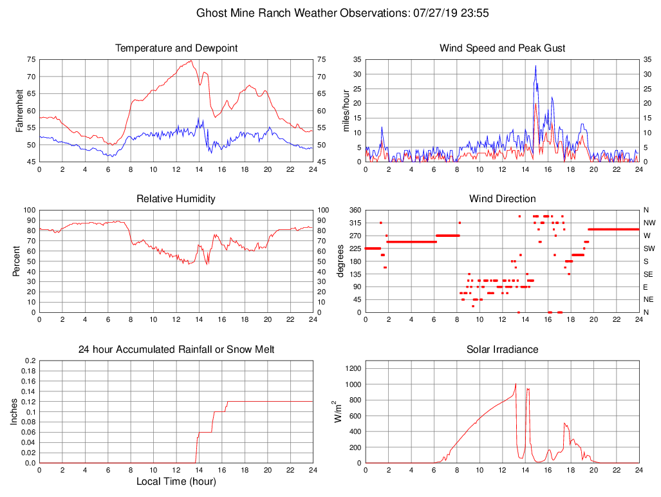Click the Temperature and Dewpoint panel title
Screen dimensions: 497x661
click(x=176, y=48)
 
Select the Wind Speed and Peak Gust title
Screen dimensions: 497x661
click(x=502, y=48)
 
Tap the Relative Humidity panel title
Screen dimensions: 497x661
click(x=176, y=198)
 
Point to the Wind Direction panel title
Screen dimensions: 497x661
click(x=502, y=198)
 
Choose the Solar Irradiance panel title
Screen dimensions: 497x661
click(x=502, y=349)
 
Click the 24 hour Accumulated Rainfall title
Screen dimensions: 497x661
click(x=176, y=349)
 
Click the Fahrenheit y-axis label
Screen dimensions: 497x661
click(x=19, y=111)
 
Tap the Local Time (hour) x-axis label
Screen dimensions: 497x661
click(x=176, y=482)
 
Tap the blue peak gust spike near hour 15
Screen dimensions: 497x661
click(x=535, y=66)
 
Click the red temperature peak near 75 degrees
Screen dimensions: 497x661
click(x=191, y=61)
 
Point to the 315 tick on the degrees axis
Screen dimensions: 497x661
click(x=353, y=223)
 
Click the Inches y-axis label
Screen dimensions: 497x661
click(x=15, y=412)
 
